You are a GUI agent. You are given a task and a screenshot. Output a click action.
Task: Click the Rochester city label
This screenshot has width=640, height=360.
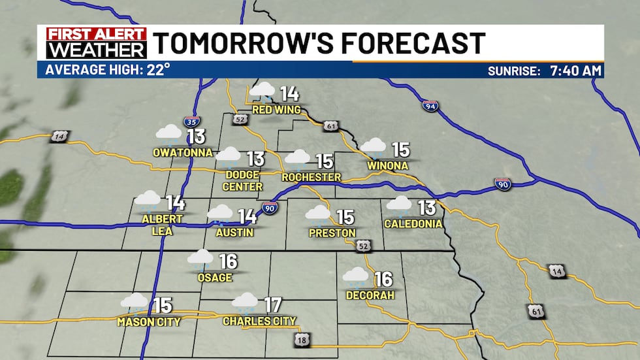coord(312,177)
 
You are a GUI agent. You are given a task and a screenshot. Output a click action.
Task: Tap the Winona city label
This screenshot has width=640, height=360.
coord(388,165)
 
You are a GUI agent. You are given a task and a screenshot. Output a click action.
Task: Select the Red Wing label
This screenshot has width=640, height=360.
coord(276,110)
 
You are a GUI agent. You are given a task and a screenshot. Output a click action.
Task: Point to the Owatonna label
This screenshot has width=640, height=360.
coord(183,152)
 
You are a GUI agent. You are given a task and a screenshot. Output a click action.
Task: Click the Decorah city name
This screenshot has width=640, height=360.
coord(370,295)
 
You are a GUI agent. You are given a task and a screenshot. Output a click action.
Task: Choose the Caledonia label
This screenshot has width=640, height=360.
coord(413,223)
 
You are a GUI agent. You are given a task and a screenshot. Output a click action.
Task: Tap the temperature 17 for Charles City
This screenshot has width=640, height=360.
coord(272,304)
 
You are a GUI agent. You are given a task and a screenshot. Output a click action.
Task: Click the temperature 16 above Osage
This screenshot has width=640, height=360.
coord(228,261)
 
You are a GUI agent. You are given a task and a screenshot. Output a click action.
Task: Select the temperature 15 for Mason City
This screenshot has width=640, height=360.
coord(162,305)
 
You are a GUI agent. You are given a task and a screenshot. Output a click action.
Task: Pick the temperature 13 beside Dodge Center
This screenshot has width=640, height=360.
coord(255,159)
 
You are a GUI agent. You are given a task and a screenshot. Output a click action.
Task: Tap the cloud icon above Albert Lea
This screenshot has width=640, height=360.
coord(148,199)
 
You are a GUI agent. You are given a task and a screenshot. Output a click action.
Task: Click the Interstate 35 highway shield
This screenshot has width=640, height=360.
coord(192,122)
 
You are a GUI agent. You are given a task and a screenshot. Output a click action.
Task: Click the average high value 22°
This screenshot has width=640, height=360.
coord(157,69)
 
